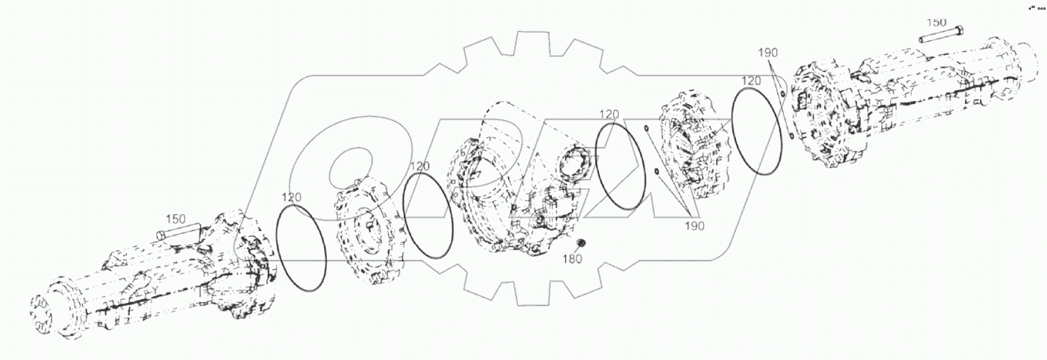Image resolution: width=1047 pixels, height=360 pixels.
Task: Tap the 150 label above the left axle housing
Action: [176, 218]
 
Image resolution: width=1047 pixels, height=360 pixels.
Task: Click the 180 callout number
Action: [573, 259]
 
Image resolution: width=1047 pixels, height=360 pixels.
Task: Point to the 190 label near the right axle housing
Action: [768, 52]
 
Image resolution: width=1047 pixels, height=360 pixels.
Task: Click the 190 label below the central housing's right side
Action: [694, 226]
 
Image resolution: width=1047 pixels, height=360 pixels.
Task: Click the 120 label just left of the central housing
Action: [420, 166]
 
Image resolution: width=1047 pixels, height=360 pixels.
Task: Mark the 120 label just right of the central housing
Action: [610, 114]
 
